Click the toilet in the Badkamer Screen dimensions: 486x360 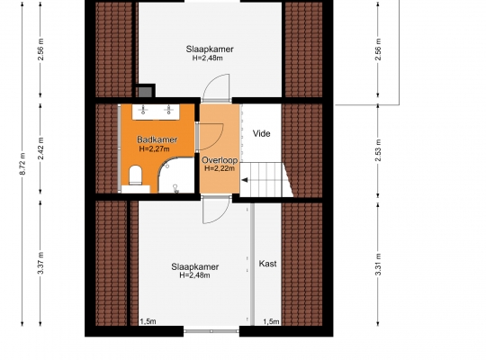click(135, 175)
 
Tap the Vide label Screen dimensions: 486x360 click(261, 133)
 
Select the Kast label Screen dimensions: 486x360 click(267, 264)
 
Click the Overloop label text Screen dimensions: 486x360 click(220, 160)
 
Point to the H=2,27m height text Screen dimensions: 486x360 click(155, 148)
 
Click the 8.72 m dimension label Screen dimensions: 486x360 click(22, 164)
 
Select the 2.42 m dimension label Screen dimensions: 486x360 click(40, 148)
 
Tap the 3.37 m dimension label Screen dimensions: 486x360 click(40, 264)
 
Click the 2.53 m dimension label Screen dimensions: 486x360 click(378, 150)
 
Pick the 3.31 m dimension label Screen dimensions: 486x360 click(378, 265)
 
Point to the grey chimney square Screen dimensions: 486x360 click(145, 92)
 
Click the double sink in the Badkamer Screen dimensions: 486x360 click(156, 112)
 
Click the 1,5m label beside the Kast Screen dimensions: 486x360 click(271, 321)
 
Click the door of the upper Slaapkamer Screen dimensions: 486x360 click(216, 88)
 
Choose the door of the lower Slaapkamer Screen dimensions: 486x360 click(216, 210)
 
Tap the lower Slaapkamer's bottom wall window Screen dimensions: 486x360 click(211, 331)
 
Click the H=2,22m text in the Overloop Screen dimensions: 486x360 click(220, 168)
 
